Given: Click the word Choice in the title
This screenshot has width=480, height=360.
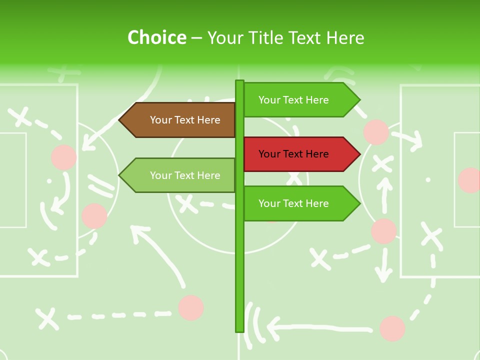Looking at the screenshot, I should coord(156,37).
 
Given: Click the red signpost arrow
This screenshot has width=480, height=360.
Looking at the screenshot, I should coord(300,154).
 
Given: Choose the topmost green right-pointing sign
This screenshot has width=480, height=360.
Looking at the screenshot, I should coord(300,100).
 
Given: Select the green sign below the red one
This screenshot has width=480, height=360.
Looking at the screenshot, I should coord(300,203).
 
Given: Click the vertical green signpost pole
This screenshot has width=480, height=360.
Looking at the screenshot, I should coord(239,250).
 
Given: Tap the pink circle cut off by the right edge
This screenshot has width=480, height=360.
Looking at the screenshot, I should coord(470,180).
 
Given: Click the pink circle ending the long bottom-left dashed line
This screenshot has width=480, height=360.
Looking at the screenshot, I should coord(190,307).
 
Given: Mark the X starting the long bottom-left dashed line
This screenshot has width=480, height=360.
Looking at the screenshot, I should coord(46,318).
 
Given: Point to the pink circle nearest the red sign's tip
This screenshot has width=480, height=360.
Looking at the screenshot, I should coord(376,132).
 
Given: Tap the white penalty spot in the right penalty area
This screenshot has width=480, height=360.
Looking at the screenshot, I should coord(428,179).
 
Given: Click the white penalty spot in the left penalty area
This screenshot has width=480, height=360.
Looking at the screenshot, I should coord(49,180).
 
